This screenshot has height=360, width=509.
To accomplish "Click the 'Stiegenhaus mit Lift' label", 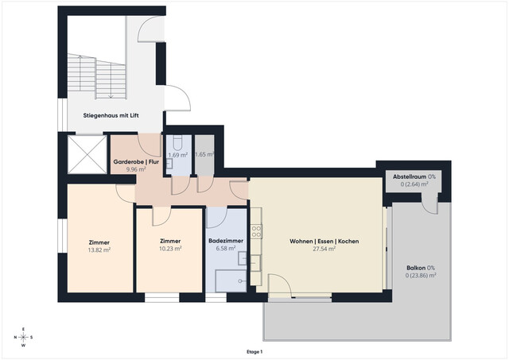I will pyautogui.click(x=111, y=116).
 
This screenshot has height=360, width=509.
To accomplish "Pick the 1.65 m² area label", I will pyautogui.click(x=204, y=155).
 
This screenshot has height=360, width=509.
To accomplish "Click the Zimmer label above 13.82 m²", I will pyautogui.click(x=99, y=242).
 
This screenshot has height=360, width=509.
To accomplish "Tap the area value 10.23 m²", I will pyautogui.click(x=170, y=248).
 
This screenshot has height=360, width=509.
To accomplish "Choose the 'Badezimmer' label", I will pyautogui.click(x=226, y=241).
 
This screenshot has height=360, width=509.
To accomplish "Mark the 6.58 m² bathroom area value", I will pyautogui.click(x=226, y=248).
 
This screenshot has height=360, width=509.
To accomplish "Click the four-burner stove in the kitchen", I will pyautogui.click(x=257, y=231).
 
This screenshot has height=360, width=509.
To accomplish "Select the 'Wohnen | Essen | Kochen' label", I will pyautogui.click(x=323, y=241).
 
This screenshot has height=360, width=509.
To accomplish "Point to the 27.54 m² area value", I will pyautogui.click(x=323, y=249).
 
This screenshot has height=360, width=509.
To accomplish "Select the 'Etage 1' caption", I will pyautogui.click(x=254, y=350).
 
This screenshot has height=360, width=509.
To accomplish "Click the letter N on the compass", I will pyautogui.click(x=15, y=337).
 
